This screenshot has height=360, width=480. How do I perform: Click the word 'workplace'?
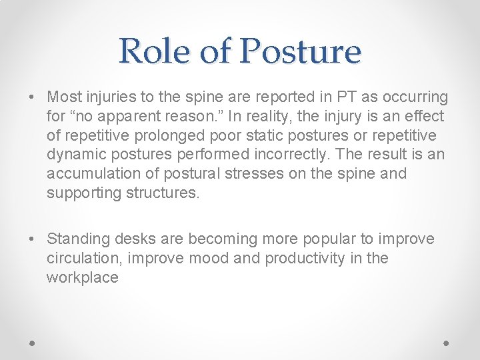(x=82, y=278)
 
